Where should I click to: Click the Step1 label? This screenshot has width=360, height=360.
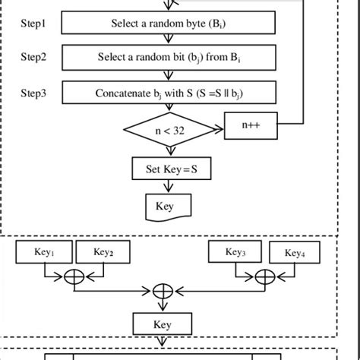33,24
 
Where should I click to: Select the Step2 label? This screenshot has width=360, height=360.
33,57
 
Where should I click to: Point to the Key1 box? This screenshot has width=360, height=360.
39,252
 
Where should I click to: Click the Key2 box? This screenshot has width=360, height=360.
103,252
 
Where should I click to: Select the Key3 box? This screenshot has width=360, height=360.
233,252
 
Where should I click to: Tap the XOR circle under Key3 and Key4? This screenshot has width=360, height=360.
264,276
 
